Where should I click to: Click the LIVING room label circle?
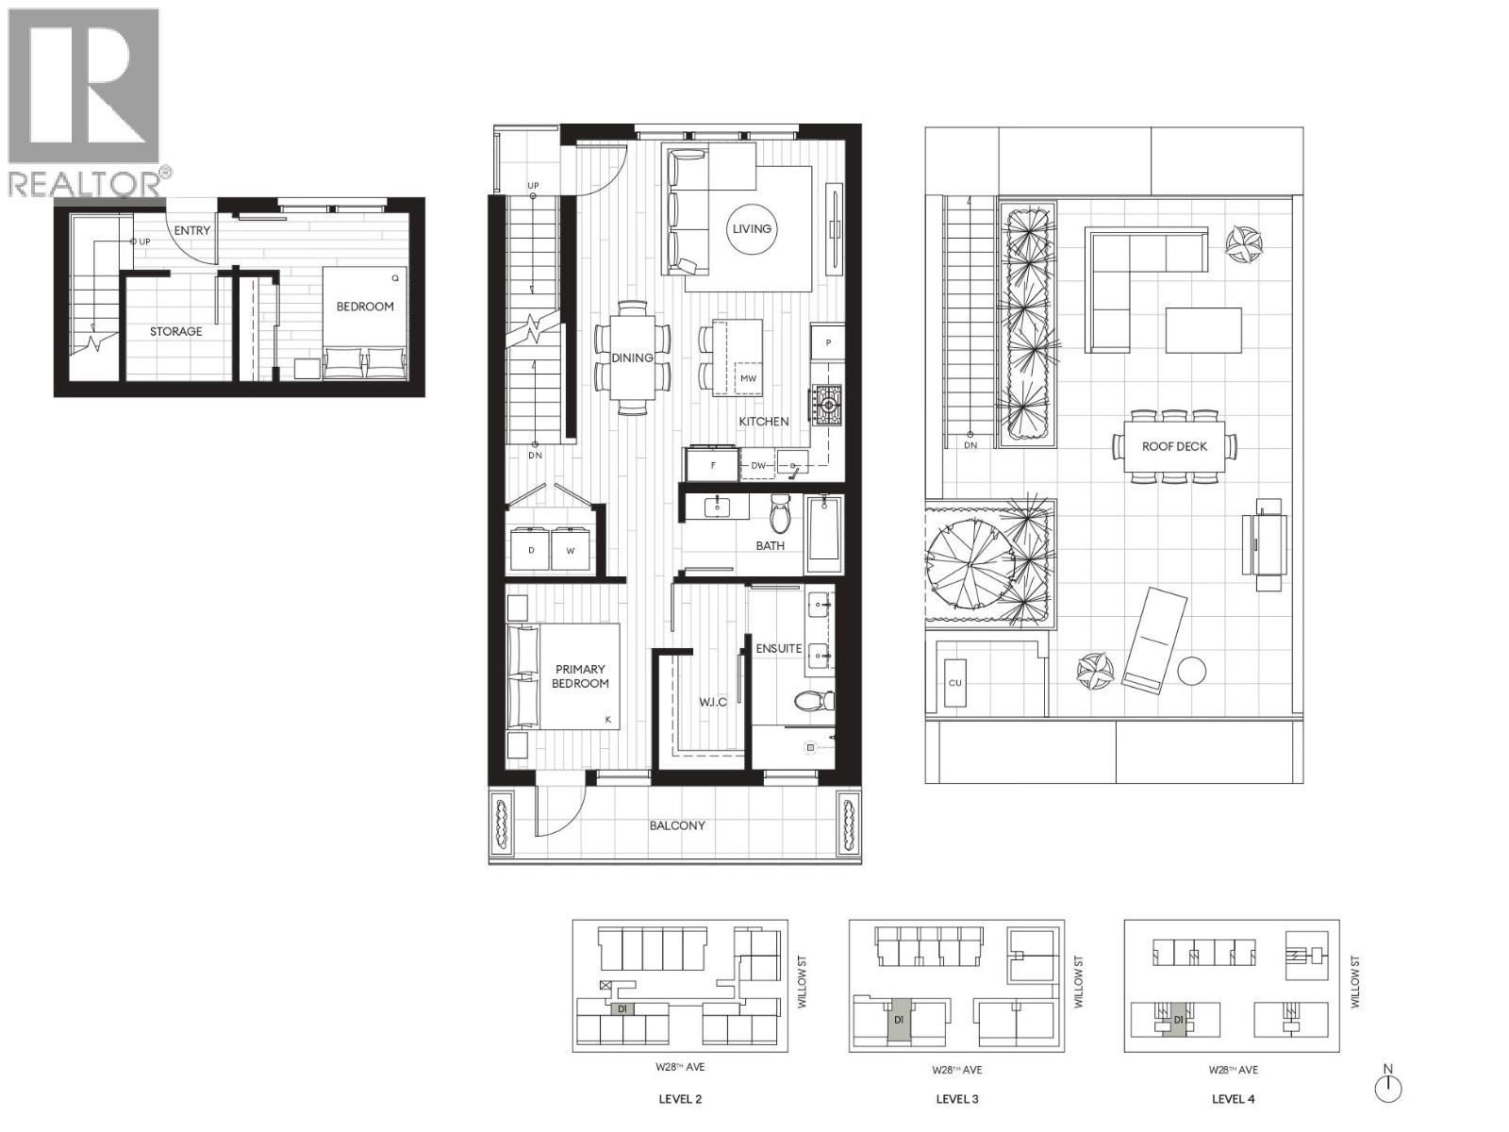click(x=752, y=228)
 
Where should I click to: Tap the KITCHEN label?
click(x=764, y=422)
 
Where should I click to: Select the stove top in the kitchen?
click(x=827, y=407)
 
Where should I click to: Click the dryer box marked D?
click(x=531, y=550)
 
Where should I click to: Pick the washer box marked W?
click(x=571, y=550)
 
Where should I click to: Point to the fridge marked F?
click(x=713, y=465)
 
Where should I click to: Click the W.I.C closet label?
click(x=712, y=702)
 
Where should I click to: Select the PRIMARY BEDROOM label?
click(x=580, y=676)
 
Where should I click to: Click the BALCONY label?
click(x=677, y=825)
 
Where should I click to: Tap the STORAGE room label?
click(x=175, y=331)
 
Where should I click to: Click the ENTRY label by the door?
click(x=192, y=230)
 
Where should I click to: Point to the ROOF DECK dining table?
click(x=1174, y=446)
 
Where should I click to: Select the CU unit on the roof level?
click(x=955, y=682)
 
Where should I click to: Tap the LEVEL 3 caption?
click(x=956, y=1099)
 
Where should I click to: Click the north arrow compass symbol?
click(x=1387, y=1087)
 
